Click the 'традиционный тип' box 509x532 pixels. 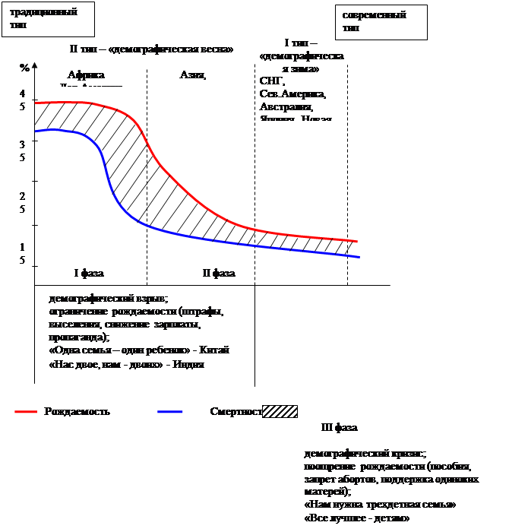(x=48, y=18)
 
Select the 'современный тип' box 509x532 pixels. (x=381, y=21)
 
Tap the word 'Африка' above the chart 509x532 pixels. (x=86, y=75)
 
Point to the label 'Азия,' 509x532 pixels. (x=193, y=74)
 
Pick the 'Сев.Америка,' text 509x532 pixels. (x=292, y=94)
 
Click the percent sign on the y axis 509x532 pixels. (x=24, y=68)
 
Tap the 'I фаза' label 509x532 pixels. (x=89, y=273)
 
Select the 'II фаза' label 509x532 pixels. (x=219, y=273)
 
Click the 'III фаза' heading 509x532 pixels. (x=340, y=427)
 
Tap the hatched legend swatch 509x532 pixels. (x=280, y=411)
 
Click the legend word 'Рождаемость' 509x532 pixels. (x=77, y=411)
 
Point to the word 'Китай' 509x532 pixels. (x=215, y=350)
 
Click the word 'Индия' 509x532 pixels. (x=189, y=364)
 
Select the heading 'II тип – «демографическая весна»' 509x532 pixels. (x=151, y=49)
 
